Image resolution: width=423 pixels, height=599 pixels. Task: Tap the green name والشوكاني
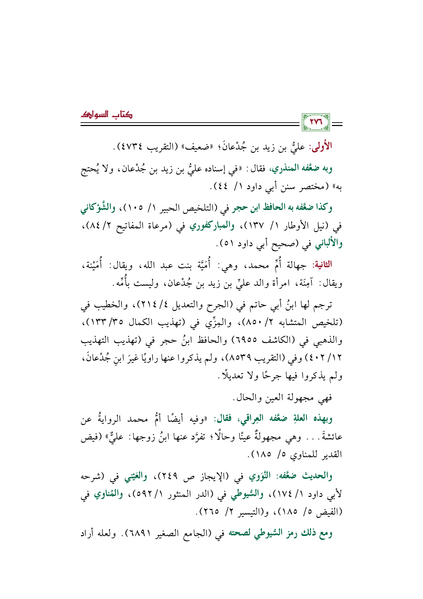click(x=97, y=208)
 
